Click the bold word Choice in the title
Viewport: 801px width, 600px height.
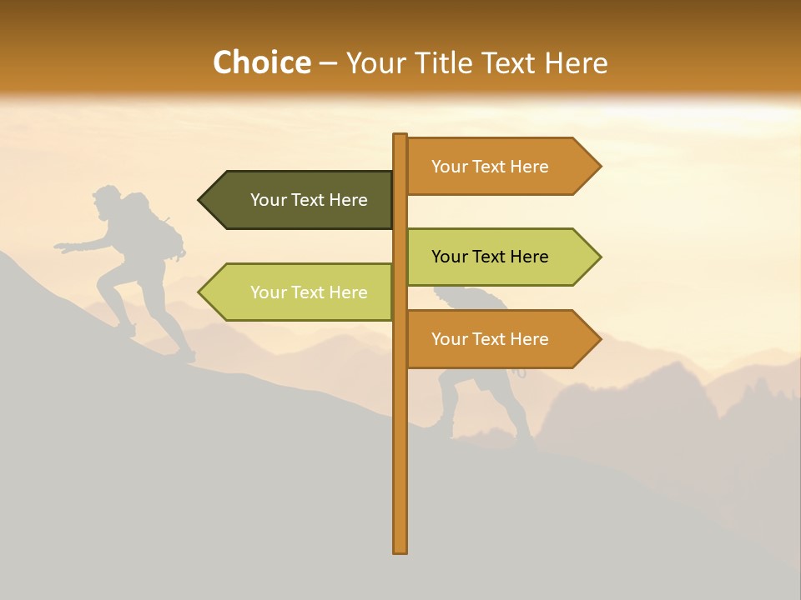tap(261, 63)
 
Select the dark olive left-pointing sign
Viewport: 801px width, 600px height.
tap(300, 200)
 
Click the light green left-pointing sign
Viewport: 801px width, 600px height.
tap(300, 292)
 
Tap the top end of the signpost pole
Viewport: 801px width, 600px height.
tap(400, 136)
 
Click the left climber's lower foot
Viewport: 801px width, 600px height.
tap(185, 357)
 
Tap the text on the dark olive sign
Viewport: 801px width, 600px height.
tap(309, 200)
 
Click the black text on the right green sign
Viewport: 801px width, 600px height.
tap(490, 257)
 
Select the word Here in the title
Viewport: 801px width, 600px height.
tap(576, 63)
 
